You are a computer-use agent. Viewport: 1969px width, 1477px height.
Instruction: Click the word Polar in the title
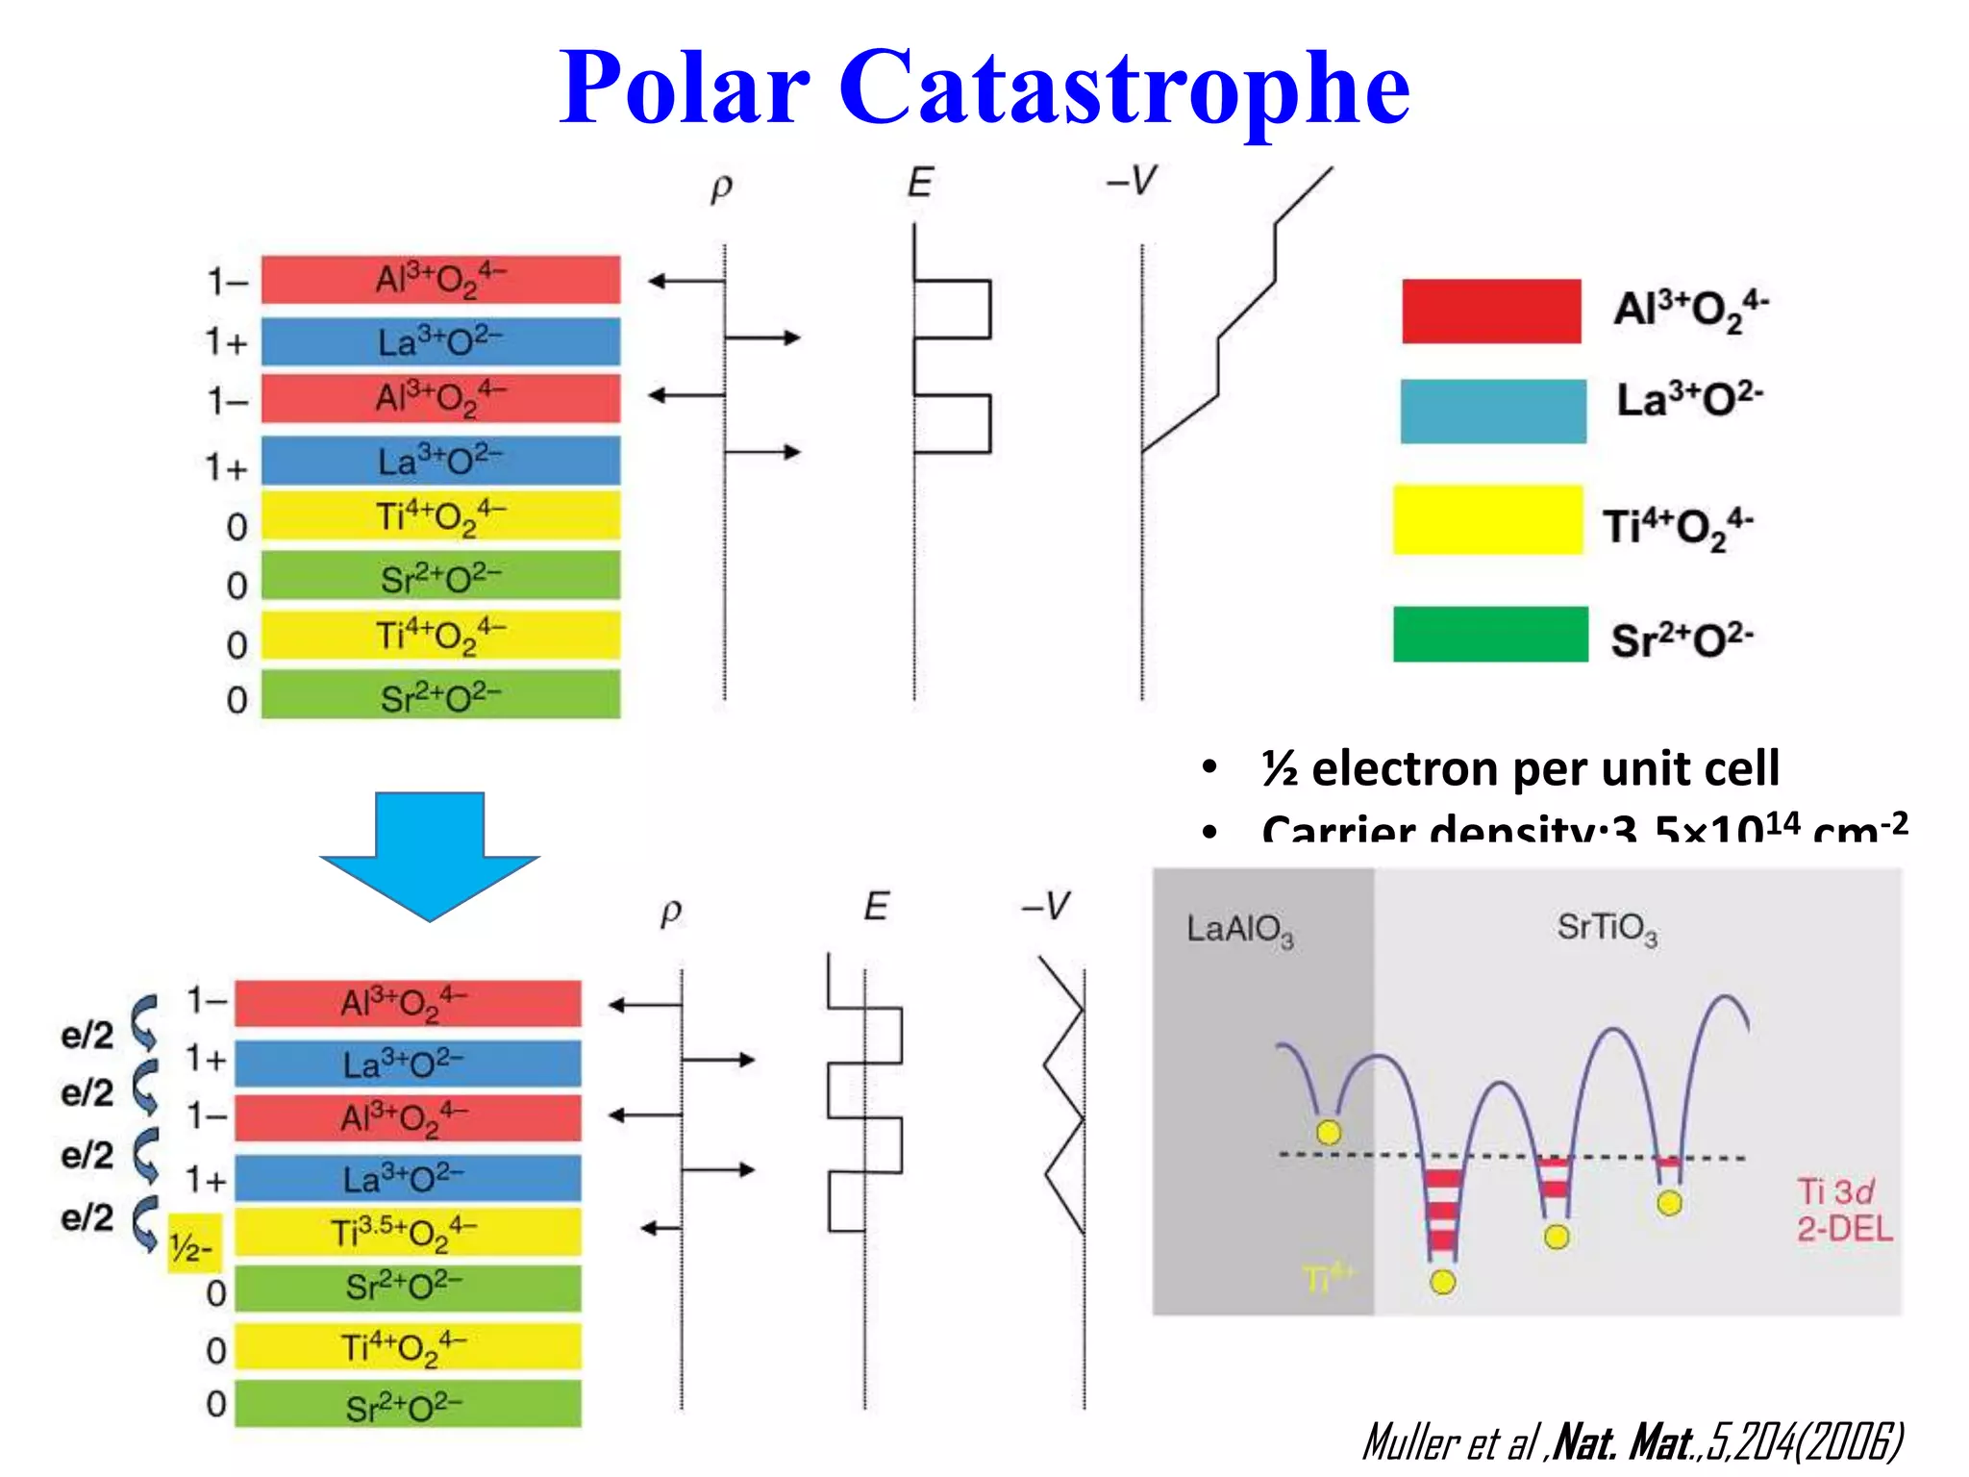tap(685, 88)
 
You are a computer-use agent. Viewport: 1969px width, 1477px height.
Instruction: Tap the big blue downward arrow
tap(430, 852)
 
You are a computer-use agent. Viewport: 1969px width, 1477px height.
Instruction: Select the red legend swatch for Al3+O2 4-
tap(1490, 311)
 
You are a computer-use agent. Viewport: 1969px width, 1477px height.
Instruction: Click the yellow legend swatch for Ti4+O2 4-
tap(1487, 520)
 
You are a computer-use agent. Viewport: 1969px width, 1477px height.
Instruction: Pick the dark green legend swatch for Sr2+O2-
tap(1489, 634)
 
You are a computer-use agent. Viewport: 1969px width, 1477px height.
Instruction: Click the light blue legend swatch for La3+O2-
tap(1492, 411)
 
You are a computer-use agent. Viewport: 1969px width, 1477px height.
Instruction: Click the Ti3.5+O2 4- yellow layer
tap(408, 1232)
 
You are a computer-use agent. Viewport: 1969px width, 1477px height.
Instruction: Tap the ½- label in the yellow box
tap(192, 1246)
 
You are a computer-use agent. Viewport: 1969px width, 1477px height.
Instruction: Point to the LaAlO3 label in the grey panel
tap(1239, 929)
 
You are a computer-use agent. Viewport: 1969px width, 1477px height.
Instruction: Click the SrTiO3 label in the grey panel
tap(1607, 928)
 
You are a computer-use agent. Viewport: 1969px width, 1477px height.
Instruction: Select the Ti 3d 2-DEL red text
tap(1842, 1210)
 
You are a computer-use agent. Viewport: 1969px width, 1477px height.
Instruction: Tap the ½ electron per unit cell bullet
tap(1519, 768)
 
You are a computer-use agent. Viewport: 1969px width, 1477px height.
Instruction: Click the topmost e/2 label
tap(87, 1035)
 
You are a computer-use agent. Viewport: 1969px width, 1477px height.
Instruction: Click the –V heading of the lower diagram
tap(1045, 906)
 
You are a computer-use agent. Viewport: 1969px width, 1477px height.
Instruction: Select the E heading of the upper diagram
tap(919, 183)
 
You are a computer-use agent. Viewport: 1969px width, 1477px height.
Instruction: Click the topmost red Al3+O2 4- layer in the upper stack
tap(440, 280)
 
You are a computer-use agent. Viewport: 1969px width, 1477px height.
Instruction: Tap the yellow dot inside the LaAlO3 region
tap(1328, 1132)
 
